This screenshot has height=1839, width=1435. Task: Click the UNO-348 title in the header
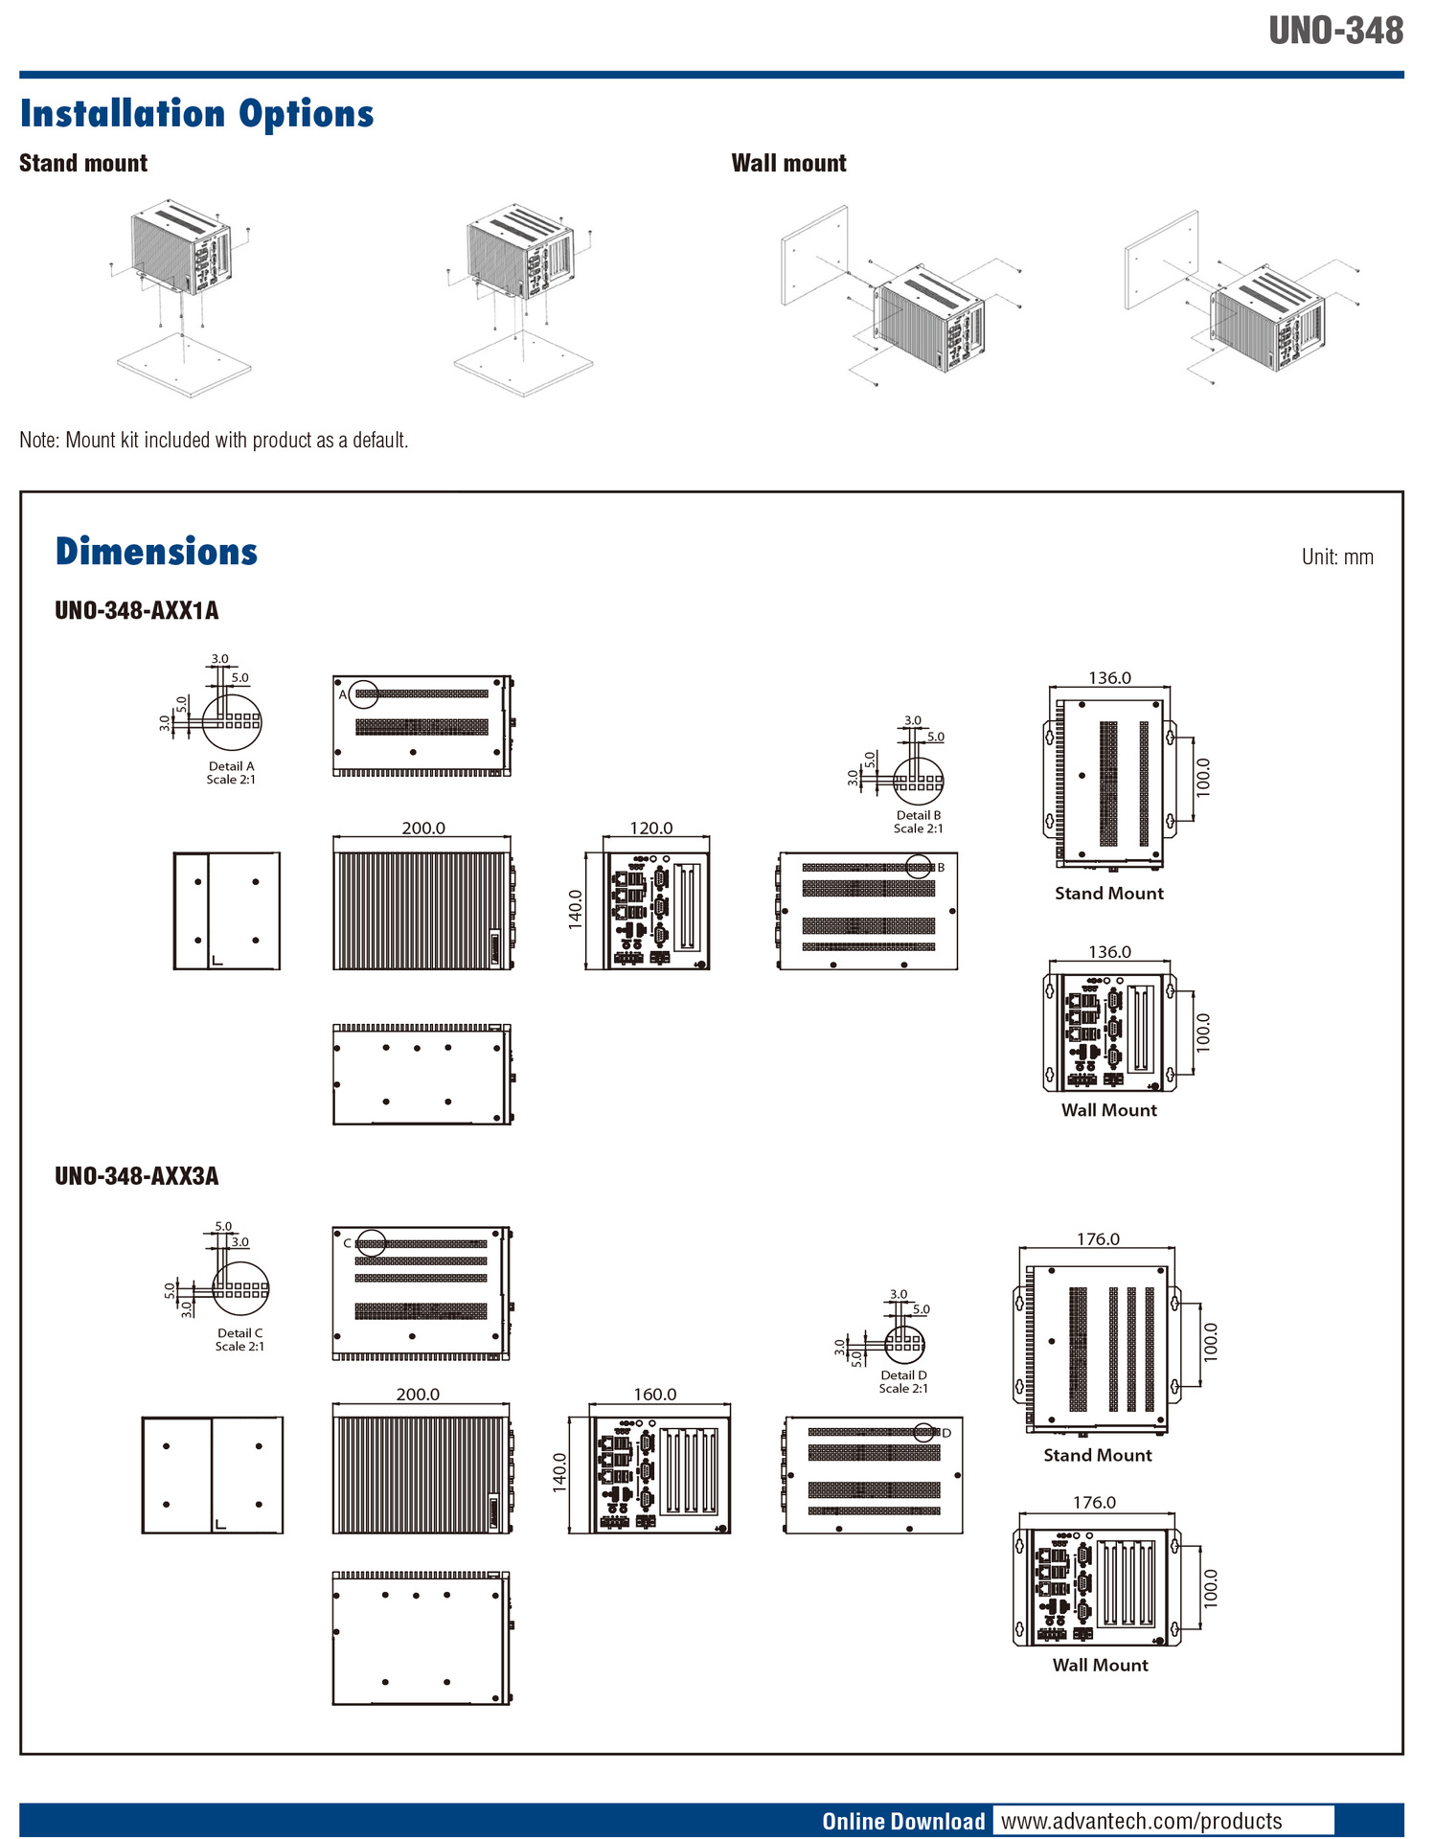pyautogui.click(x=1335, y=31)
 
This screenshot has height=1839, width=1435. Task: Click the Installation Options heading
pyautogui.click(x=196, y=113)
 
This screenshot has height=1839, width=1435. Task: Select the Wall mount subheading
pyautogui.click(x=788, y=163)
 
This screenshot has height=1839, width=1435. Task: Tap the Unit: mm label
pyautogui.click(x=1336, y=556)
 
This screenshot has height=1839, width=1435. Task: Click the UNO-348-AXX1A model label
pyautogui.click(x=136, y=610)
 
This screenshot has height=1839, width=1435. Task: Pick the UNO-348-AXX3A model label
pyautogui.click(x=136, y=1175)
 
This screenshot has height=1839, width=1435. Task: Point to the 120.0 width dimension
pyautogui.click(x=650, y=828)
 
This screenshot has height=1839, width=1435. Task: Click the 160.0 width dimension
pyautogui.click(x=654, y=1394)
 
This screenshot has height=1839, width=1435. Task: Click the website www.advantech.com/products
pyautogui.click(x=1141, y=1821)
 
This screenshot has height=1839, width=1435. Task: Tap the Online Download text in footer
pyautogui.click(x=902, y=1821)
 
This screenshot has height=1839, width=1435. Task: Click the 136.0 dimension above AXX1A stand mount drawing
pyautogui.click(x=1109, y=677)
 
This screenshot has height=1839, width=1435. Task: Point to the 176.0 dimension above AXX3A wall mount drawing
pyautogui.click(x=1094, y=1502)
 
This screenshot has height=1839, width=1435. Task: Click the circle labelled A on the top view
pyautogui.click(x=363, y=693)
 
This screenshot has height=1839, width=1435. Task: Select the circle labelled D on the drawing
pyautogui.click(x=924, y=1433)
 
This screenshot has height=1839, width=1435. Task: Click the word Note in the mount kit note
pyautogui.click(x=38, y=440)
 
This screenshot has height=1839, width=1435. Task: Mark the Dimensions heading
pyautogui.click(x=156, y=552)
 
